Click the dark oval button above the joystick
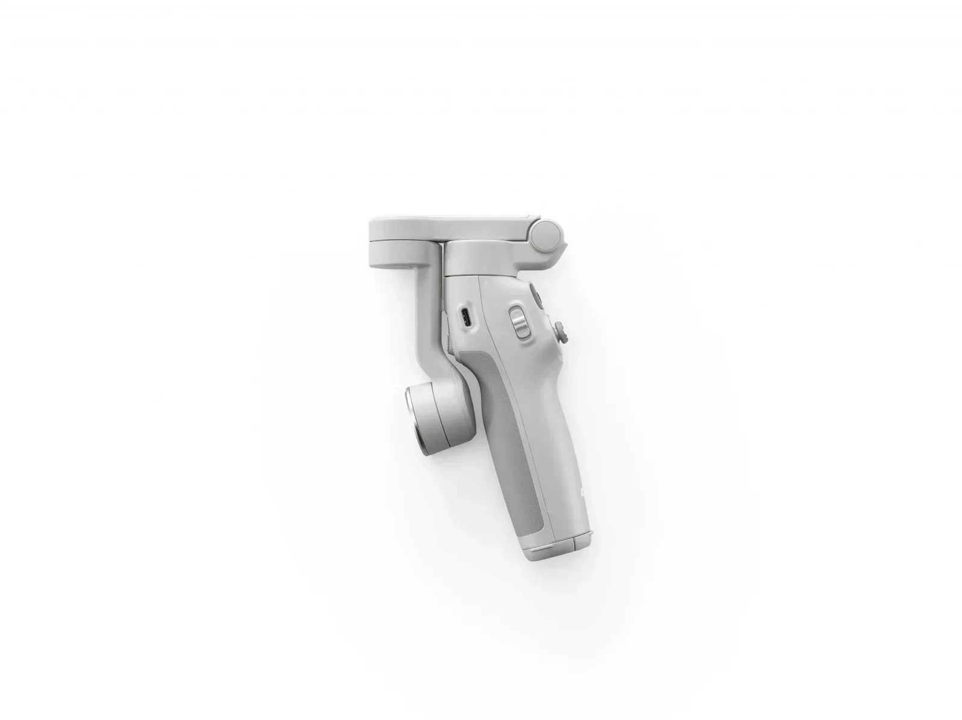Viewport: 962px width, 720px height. (535, 298)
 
